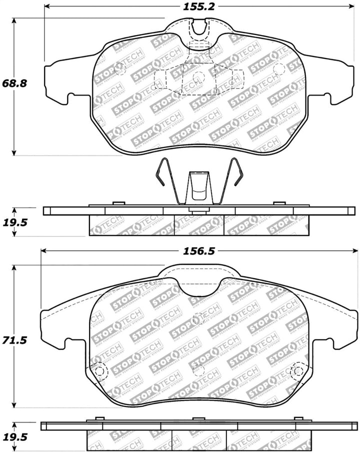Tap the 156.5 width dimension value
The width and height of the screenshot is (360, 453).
(x=195, y=251)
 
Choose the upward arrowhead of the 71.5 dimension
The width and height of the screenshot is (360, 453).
(x=14, y=269)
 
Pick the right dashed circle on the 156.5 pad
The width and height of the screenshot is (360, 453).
(x=297, y=371)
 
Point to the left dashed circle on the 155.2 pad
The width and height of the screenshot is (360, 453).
(x=120, y=68)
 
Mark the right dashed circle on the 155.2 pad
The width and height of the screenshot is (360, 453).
(x=278, y=68)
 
